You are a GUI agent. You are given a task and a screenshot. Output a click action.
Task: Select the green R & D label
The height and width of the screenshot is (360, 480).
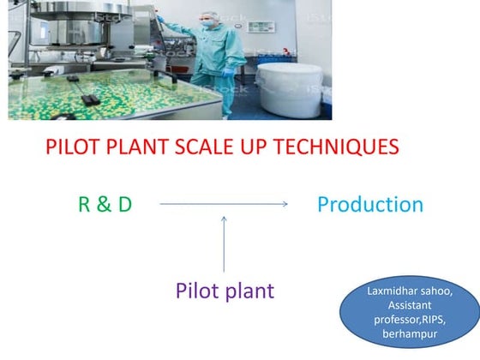105,205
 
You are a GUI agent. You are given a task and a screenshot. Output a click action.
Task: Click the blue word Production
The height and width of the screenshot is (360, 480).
369,205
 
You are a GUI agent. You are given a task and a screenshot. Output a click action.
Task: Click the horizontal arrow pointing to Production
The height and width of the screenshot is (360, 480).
223,204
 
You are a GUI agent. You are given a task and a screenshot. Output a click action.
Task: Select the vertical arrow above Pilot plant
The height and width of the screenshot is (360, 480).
225,244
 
